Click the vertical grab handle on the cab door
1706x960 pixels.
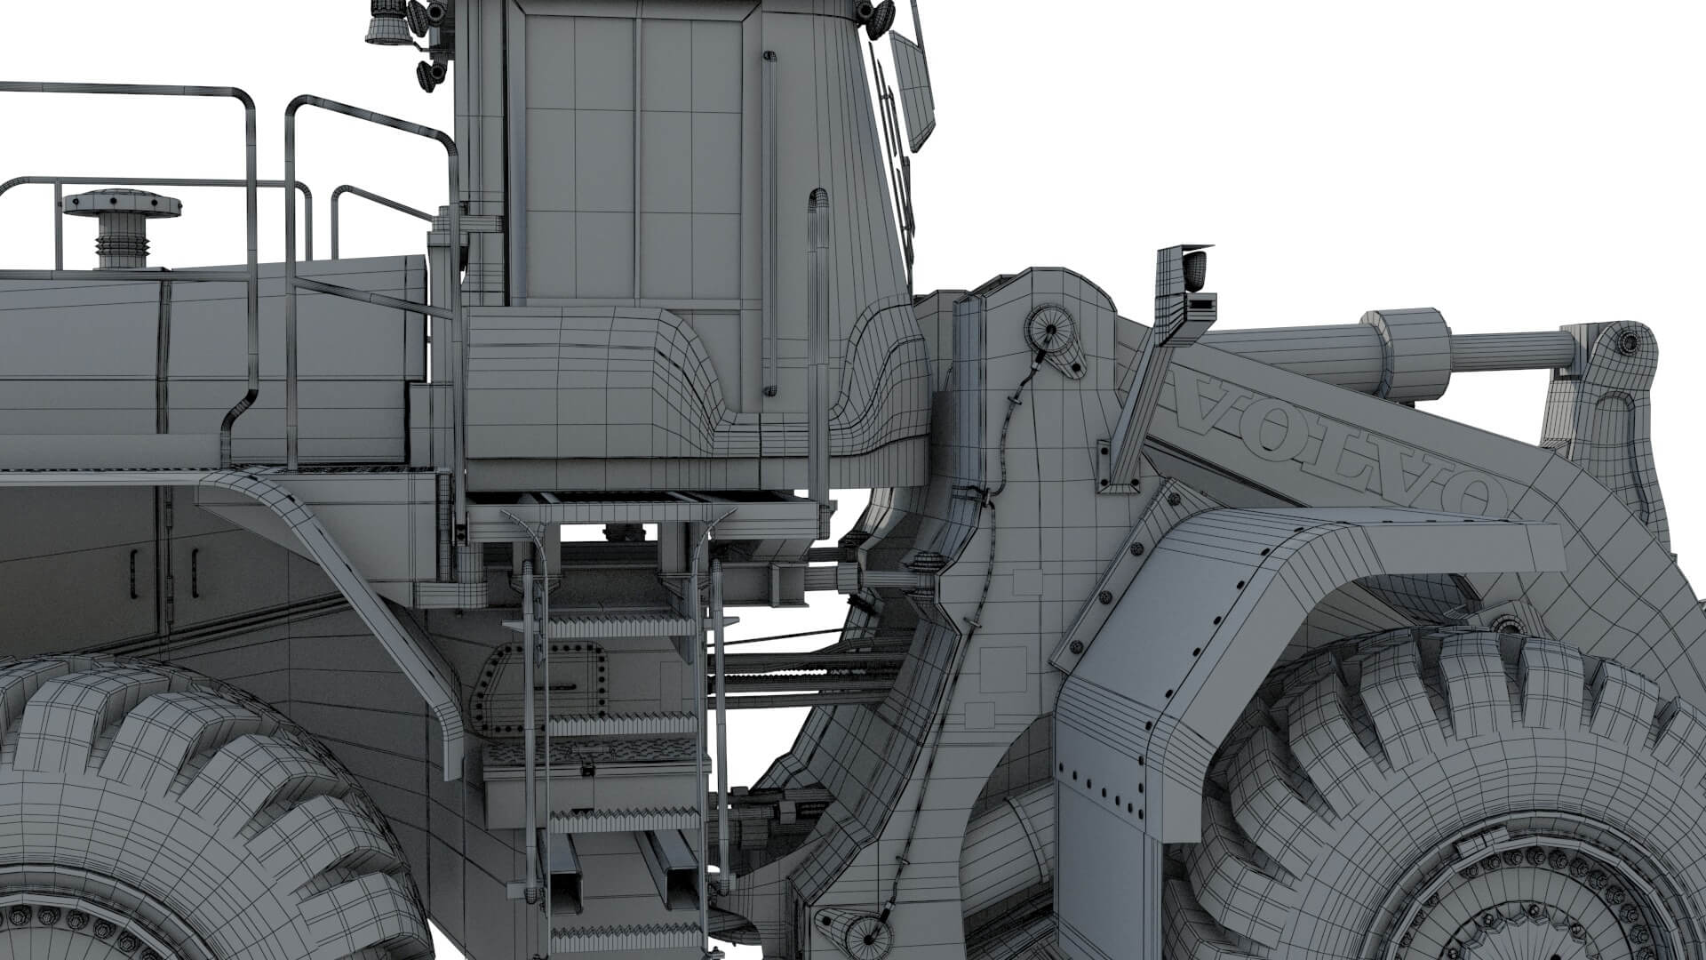(769, 222)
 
